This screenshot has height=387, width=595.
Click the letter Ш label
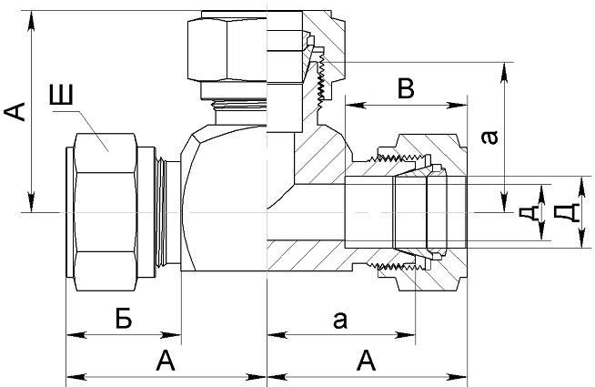tap(61, 95)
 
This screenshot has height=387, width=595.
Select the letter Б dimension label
tap(124, 319)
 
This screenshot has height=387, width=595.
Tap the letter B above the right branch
tap(406, 87)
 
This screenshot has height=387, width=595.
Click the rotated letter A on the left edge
tap(15, 111)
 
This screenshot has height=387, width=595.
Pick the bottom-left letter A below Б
tap(166, 361)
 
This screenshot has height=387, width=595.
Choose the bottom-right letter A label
tap(366, 361)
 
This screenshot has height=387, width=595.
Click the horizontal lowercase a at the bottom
tap(340, 320)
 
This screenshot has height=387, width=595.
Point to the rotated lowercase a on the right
tap(489, 137)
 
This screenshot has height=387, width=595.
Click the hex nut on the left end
tap(106, 212)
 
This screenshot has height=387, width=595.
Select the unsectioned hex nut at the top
tap(227, 48)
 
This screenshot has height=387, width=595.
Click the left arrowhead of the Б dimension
tap(76, 335)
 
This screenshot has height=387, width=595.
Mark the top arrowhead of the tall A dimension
tap(32, 21)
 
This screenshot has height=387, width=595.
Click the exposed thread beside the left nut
tap(161, 212)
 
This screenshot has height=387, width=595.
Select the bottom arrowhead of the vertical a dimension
tap(504, 202)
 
